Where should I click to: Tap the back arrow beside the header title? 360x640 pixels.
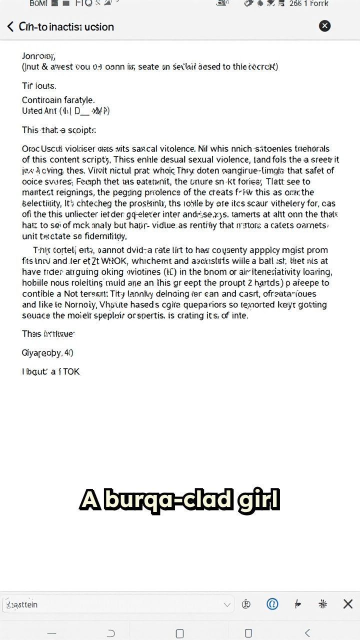pyautogui.click(x=10, y=26)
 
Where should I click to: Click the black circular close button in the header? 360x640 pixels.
pyautogui.click(x=324, y=26)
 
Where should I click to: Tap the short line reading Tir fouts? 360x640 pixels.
pyautogui.click(x=39, y=85)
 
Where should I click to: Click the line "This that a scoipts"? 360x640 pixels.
pyautogui.click(x=58, y=130)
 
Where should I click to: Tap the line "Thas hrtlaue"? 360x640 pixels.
pyautogui.click(x=48, y=333)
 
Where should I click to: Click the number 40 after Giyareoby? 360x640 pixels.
pyautogui.click(x=68, y=353)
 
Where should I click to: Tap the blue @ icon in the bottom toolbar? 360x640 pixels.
pyautogui.click(x=272, y=604)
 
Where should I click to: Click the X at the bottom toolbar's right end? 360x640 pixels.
pyautogui.click(x=348, y=604)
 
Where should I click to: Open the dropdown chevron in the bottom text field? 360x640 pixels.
pyautogui.click(x=227, y=604)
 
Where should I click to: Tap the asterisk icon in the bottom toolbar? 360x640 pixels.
pyautogui.click(x=322, y=604)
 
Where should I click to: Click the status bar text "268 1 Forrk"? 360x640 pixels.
pyautogui.click(x=309, y=4)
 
